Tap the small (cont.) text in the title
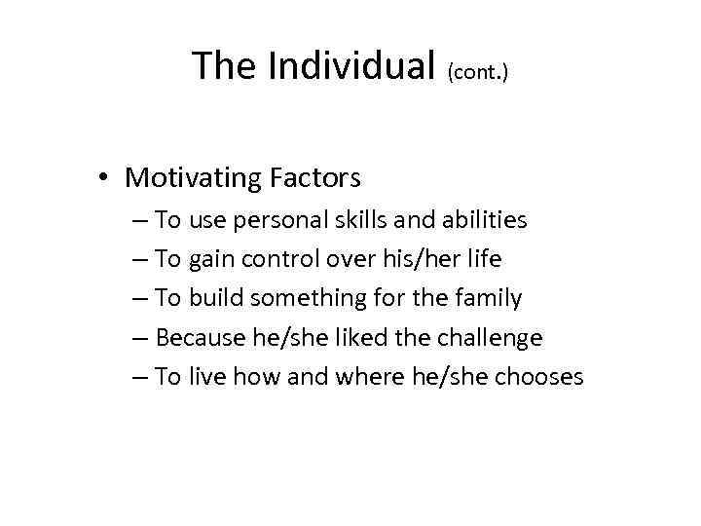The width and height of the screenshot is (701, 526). coord(478,71)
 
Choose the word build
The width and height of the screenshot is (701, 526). coord(216,298)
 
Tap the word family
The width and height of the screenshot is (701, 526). coord(487,299)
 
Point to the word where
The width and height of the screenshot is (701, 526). coord(364,377)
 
